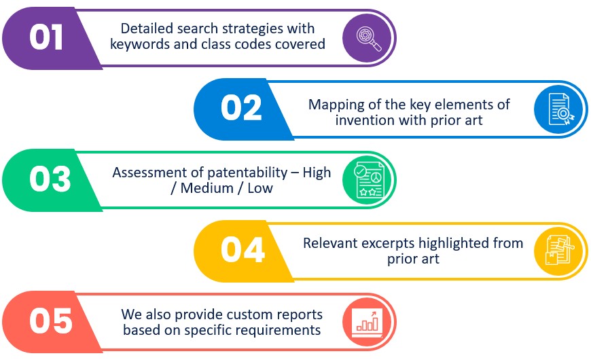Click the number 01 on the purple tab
46,37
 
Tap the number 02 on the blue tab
241,108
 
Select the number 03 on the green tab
50,179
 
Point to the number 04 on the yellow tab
243,249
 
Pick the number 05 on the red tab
51,321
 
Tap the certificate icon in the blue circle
561,109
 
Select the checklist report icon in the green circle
369,180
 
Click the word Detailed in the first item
148,29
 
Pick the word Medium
207,188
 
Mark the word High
317,173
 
